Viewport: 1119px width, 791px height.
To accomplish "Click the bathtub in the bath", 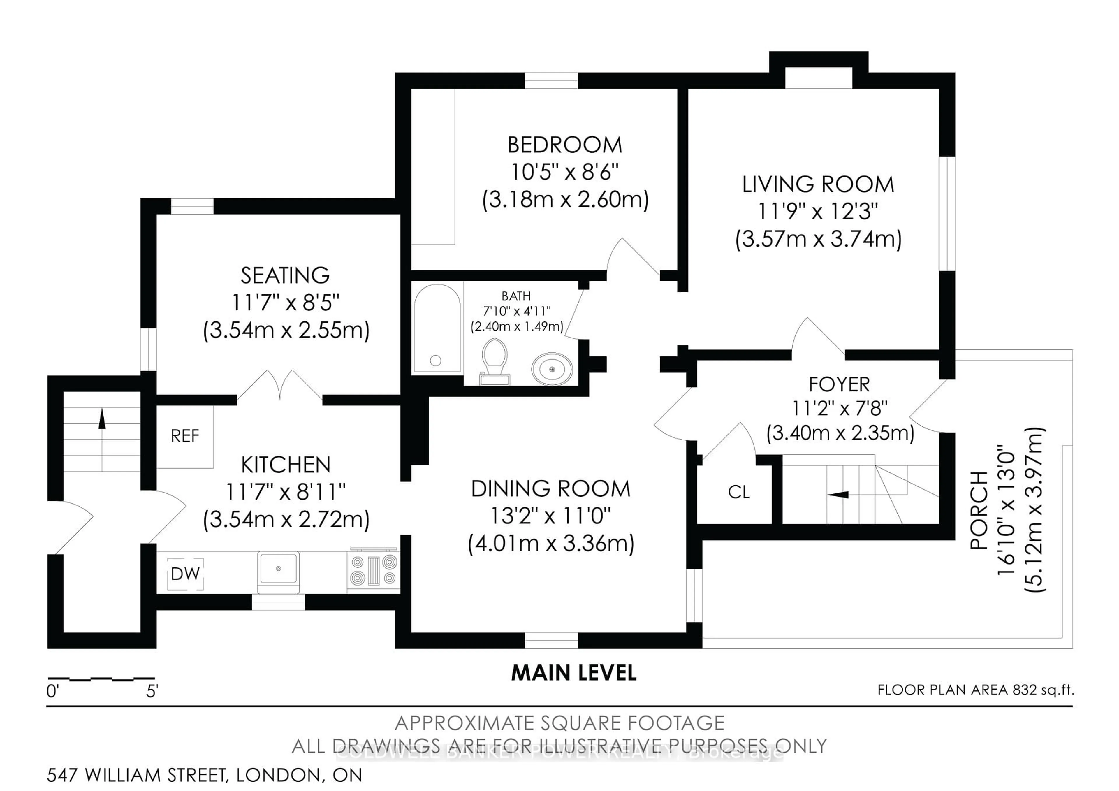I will point(437,329).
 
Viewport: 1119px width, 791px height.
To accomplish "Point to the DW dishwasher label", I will point(185,574).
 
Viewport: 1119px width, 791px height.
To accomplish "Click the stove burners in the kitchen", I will point(373,570).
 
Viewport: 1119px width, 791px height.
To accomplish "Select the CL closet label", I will point(738,492).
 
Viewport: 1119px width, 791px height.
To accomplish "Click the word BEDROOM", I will point(564,145).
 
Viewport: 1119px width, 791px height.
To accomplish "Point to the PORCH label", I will point(979,510).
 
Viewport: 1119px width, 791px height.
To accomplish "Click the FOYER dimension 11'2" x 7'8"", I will point(839,408).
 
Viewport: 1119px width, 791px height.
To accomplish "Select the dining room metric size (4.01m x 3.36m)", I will point(551,544).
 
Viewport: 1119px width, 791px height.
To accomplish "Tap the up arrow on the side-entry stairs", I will point(102,419).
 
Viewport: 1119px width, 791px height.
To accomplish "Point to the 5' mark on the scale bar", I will point(152,691).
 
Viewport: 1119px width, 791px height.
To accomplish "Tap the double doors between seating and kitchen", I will point(279,387).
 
